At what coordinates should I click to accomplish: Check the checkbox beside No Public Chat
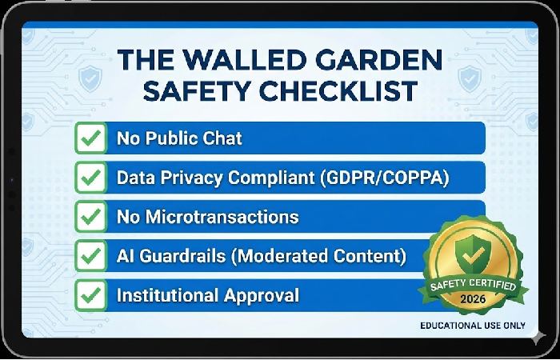coord(92,138)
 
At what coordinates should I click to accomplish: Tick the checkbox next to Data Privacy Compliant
coord(92,177)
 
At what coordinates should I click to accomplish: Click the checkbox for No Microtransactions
coord(92,216)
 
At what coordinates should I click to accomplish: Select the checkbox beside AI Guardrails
coord(92,255)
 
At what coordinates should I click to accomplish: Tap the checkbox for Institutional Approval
coord(92,294)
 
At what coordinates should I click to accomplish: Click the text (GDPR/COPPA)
coord(386,177)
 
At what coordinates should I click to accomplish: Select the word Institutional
coord(166,294)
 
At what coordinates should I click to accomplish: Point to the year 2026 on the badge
coord(478,298)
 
